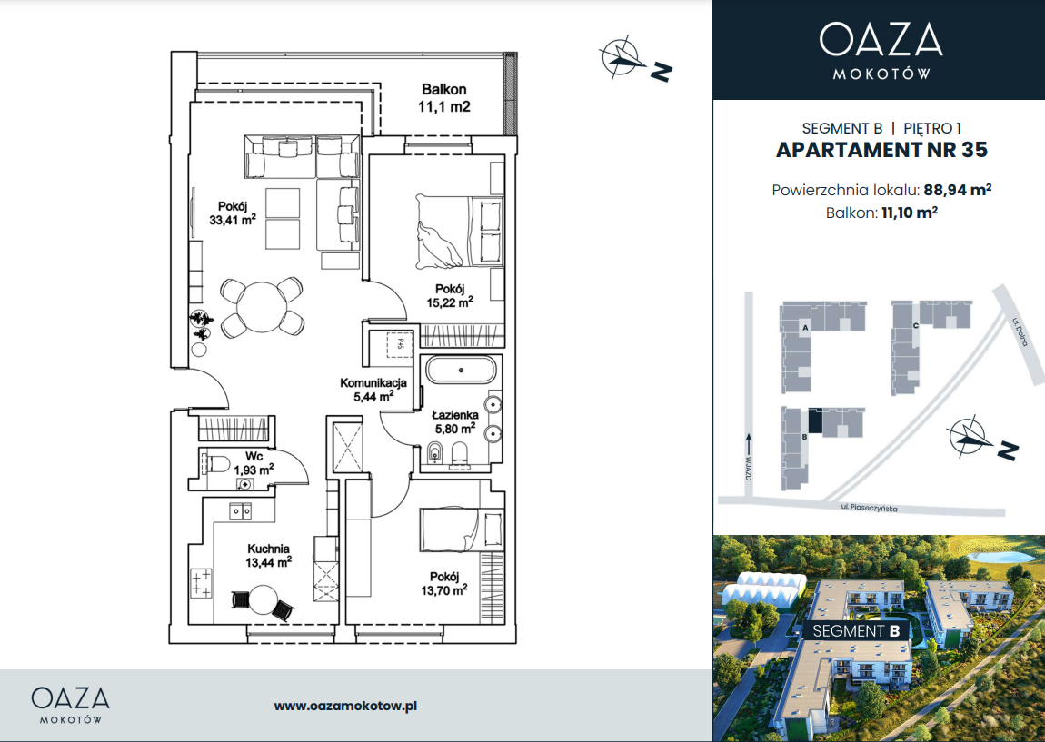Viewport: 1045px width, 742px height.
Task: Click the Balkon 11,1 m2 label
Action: (443, 98)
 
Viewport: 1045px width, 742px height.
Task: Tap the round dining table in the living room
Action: (262, 306)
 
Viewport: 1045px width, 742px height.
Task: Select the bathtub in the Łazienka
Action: (462, 370)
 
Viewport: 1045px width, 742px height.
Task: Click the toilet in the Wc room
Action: (214, 463)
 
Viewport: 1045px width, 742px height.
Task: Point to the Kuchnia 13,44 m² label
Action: (269, 556)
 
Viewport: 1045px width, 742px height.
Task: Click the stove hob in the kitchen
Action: (202, 583)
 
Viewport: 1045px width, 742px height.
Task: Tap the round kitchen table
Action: (264, 601)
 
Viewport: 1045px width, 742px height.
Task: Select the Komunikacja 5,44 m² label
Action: (373, 390)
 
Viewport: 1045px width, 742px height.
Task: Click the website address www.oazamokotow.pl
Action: (345, 706)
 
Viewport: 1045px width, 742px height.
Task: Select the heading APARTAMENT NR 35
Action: (881, 150)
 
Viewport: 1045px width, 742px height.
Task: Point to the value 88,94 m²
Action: (957, 190)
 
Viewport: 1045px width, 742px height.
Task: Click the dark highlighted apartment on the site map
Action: (815, 420)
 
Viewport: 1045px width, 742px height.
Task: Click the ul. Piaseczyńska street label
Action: (869, 509)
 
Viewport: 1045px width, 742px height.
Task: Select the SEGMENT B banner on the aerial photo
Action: (856, 631)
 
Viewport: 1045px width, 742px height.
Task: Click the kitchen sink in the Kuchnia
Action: (241, 511)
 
